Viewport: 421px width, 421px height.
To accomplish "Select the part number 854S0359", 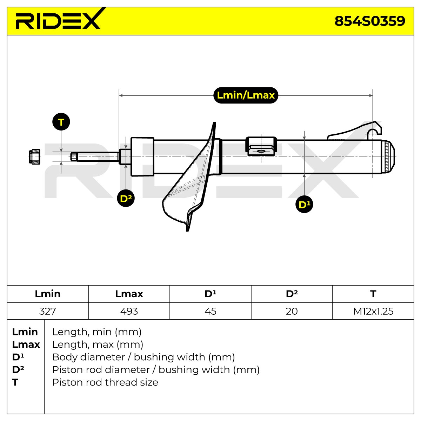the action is tap(370, 21).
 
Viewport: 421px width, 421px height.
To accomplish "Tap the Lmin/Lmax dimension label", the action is tap(246, 95).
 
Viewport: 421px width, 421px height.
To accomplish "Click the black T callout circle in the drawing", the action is tap(61, 122).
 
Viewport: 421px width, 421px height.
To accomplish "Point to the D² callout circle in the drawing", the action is tap(126, 198).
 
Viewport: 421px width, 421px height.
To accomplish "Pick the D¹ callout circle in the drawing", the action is tap(304, 204).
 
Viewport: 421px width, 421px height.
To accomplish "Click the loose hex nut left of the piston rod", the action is tap(35, 156).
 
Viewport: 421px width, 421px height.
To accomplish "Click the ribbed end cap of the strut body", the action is tap(388, 156).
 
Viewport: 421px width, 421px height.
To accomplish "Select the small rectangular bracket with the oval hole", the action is tap(261, 146).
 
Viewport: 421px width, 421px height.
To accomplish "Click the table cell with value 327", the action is tap(48, 311).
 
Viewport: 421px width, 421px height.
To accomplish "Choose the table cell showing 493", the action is tap(129, 311).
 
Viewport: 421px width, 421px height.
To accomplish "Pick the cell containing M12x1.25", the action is tap(373, 311).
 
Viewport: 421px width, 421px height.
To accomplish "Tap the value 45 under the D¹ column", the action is tap(210, 311).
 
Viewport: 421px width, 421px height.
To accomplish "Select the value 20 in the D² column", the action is tap(292, 311).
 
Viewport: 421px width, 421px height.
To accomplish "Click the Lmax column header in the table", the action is tap(129, 294).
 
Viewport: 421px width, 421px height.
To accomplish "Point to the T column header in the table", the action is tap(373, 294).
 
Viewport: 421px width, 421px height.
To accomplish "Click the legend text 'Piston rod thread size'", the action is tap(105, 382).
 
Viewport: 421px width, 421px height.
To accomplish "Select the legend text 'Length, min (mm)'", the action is tap(97, 332).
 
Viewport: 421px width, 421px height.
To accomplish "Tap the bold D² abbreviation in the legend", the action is tap(18, 369).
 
